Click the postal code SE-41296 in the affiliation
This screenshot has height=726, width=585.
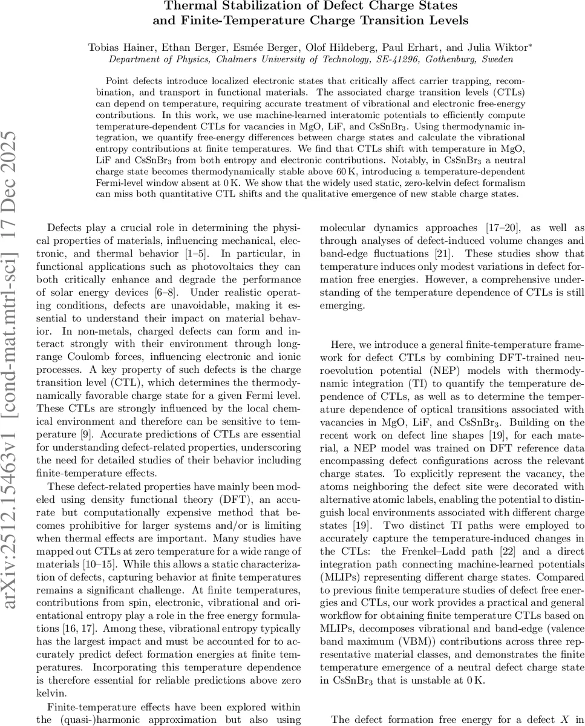pyautogui.click(x=385, y=59)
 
